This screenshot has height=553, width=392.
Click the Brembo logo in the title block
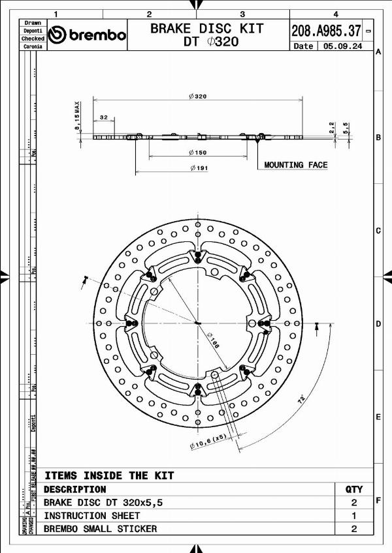tap(87, 35)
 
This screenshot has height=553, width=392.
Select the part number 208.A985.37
tap(326, 30)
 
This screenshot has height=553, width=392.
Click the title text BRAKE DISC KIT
tap(207, 28)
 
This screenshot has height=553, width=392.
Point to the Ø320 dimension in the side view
tap(197, 96)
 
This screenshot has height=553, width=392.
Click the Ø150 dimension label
tap(197, 153)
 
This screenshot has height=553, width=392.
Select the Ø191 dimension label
tap(197, 168)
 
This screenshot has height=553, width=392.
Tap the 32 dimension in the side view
tap(103, 117)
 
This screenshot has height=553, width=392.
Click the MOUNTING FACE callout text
tap(295, 165)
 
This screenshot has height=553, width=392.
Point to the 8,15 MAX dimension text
tap(77, 116)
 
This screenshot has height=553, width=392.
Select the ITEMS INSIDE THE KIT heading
tap(109, 475)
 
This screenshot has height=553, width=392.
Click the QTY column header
tap(353, 489)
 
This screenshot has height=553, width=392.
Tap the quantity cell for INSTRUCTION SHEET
tap(353, 515)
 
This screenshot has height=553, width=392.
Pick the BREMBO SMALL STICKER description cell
tap(100, 529)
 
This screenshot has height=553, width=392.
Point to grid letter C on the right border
tap(378, 231)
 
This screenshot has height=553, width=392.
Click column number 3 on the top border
tap(242, 14)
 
